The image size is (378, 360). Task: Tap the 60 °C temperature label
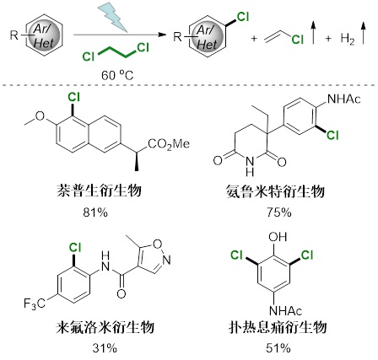point(117,76)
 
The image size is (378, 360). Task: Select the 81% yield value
point(95,212)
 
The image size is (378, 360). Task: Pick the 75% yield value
point(279,212)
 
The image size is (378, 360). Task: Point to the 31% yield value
point(105,349)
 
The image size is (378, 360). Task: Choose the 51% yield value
point(278,349)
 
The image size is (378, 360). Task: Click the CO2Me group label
point(169,144)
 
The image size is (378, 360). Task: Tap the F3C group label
point(35,304)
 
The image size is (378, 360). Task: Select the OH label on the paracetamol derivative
point(278,237)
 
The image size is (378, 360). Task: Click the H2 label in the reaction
point(348,39)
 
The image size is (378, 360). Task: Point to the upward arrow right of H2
point(364,33)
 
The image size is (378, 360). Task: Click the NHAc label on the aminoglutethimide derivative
point(344,99)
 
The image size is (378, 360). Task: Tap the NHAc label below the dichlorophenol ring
point(285,311)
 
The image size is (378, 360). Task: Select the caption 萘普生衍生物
point(99,191)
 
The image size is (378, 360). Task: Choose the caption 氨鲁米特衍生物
point(275,191)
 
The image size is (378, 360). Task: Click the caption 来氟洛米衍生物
point(105,327)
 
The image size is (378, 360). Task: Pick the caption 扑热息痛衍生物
point(278,327)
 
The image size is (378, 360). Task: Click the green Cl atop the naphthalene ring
point(73,97)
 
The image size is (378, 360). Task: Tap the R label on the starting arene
point(14,35)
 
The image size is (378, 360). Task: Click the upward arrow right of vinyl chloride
point(313,33)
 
